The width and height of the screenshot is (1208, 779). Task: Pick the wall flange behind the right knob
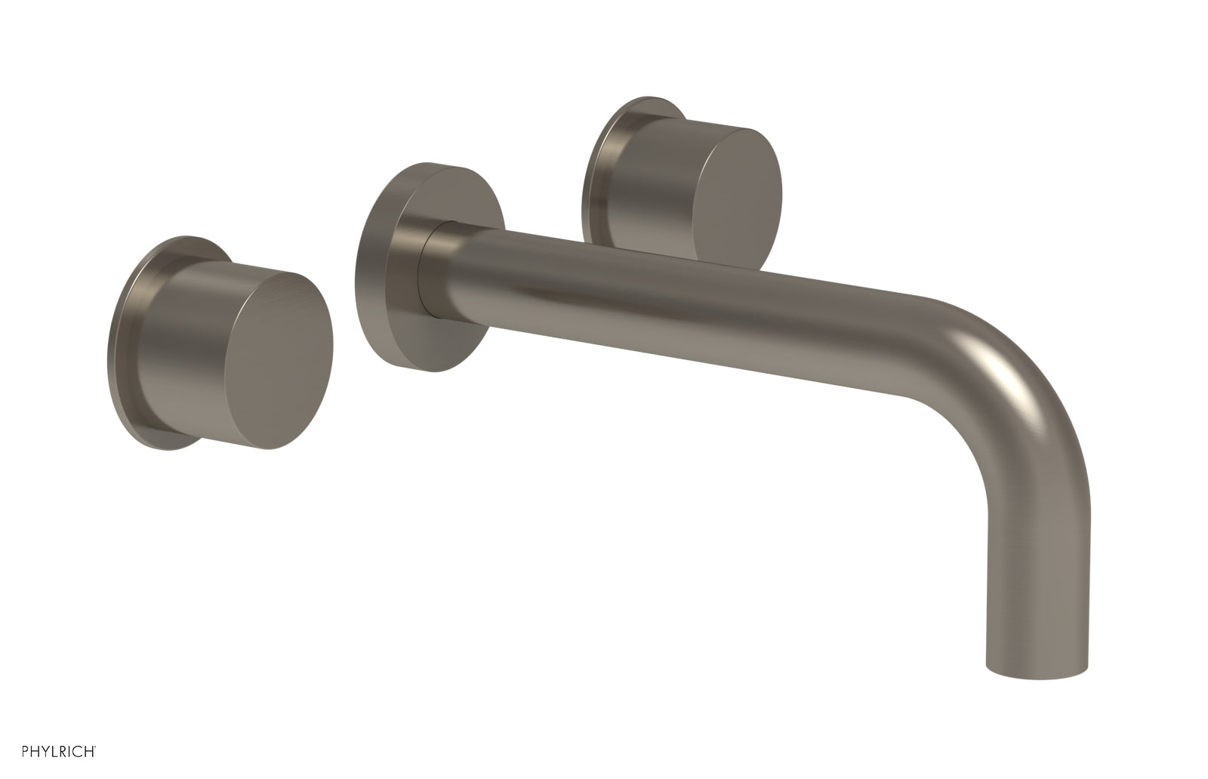coord(596,174)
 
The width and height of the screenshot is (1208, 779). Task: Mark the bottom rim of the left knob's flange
coord(162,445)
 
